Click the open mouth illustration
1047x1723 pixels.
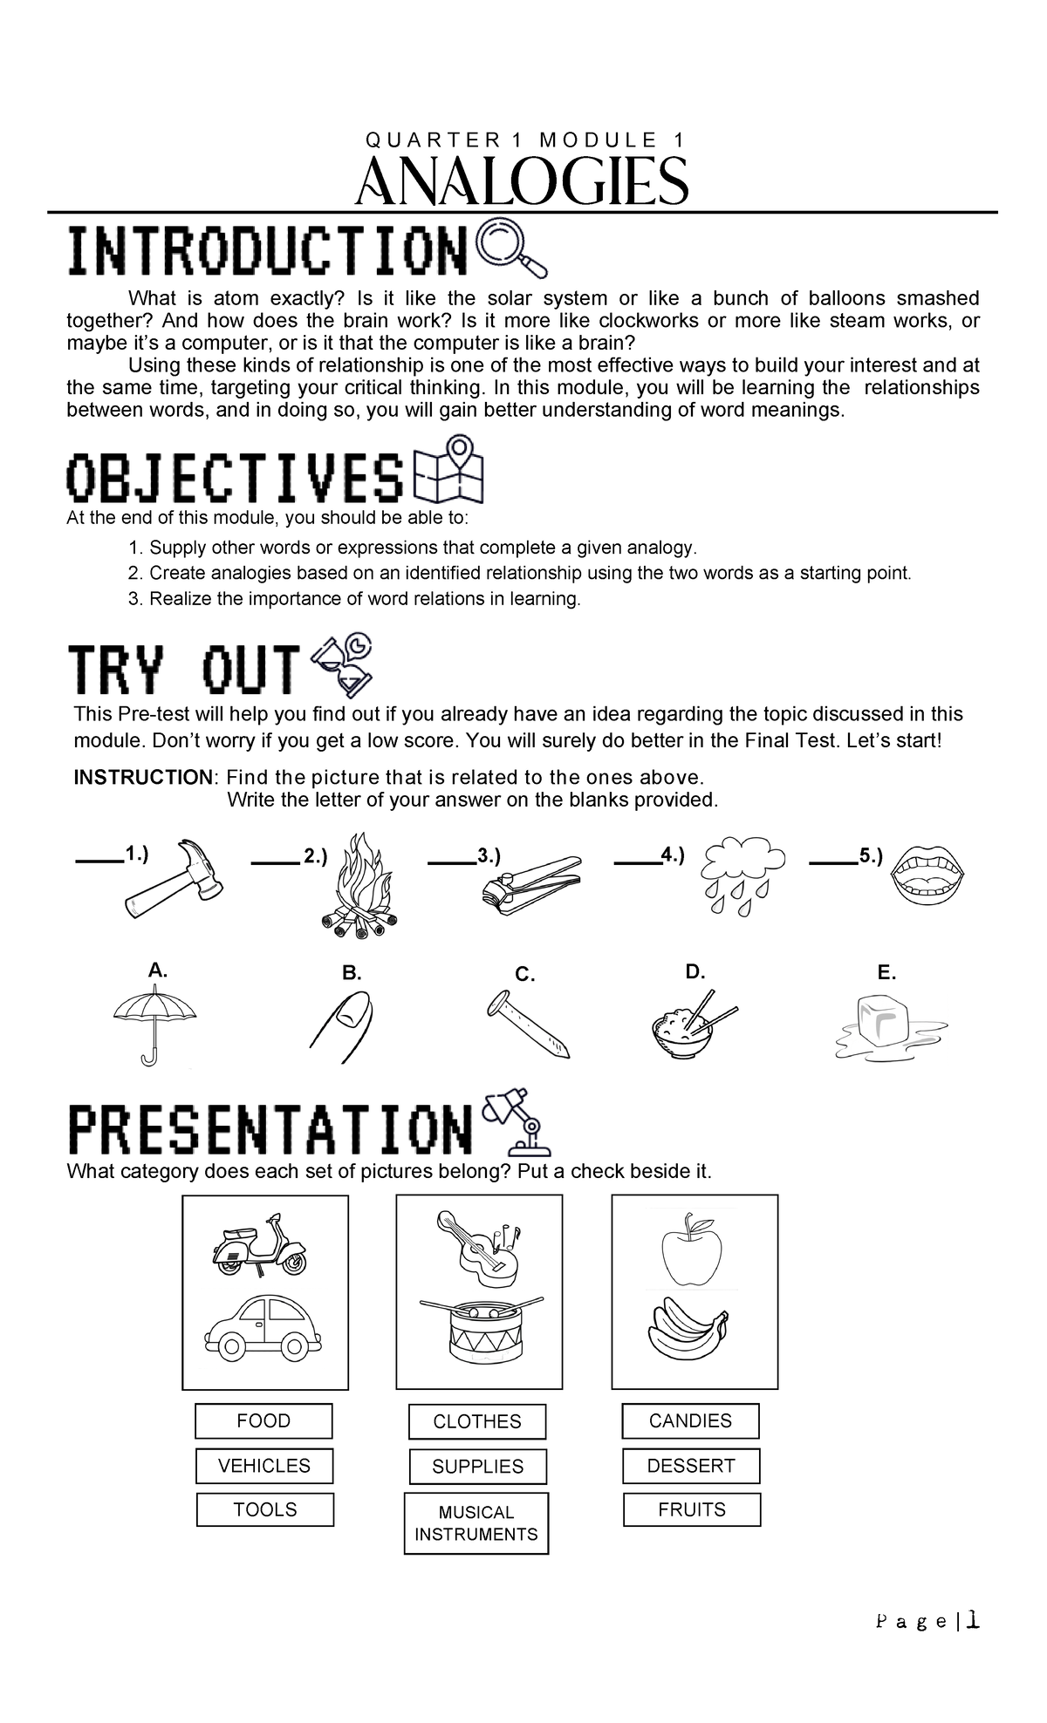point(931,874)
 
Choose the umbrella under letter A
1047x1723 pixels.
point(154,1024)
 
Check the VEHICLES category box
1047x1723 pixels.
point(265,1466)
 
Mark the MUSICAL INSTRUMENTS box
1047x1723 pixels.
point(476,1523)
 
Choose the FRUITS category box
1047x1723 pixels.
point(692,1509)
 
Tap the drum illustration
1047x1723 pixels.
point(476,1330)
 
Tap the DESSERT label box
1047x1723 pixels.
point(691,1466)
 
